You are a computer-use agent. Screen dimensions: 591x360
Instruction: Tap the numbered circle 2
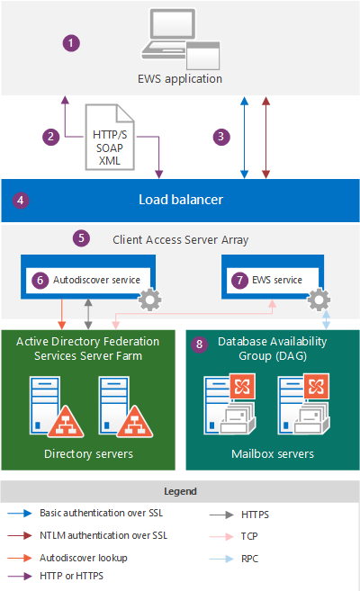coord(52,136)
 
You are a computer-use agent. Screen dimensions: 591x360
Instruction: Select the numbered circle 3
coord(219,136)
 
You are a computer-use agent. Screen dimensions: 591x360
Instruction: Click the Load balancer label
coord(180,199)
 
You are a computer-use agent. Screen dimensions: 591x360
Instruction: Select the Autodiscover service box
coord(88,279)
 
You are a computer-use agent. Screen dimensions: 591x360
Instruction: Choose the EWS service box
coord(267,280)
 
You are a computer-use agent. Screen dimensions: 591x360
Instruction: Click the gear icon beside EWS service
coord(319,300)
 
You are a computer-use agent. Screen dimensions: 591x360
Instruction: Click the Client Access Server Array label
coord(180,239)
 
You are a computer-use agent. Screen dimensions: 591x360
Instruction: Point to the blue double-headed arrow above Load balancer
coord(244,136)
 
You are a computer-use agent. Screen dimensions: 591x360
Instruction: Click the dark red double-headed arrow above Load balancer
coord(265,136)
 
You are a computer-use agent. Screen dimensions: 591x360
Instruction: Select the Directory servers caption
coord(88,453)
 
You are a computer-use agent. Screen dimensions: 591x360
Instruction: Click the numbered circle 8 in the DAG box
coord(200,343)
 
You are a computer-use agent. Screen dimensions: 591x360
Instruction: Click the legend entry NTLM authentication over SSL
coord(90,535)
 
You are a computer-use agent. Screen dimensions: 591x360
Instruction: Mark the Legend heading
coord(180,492)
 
